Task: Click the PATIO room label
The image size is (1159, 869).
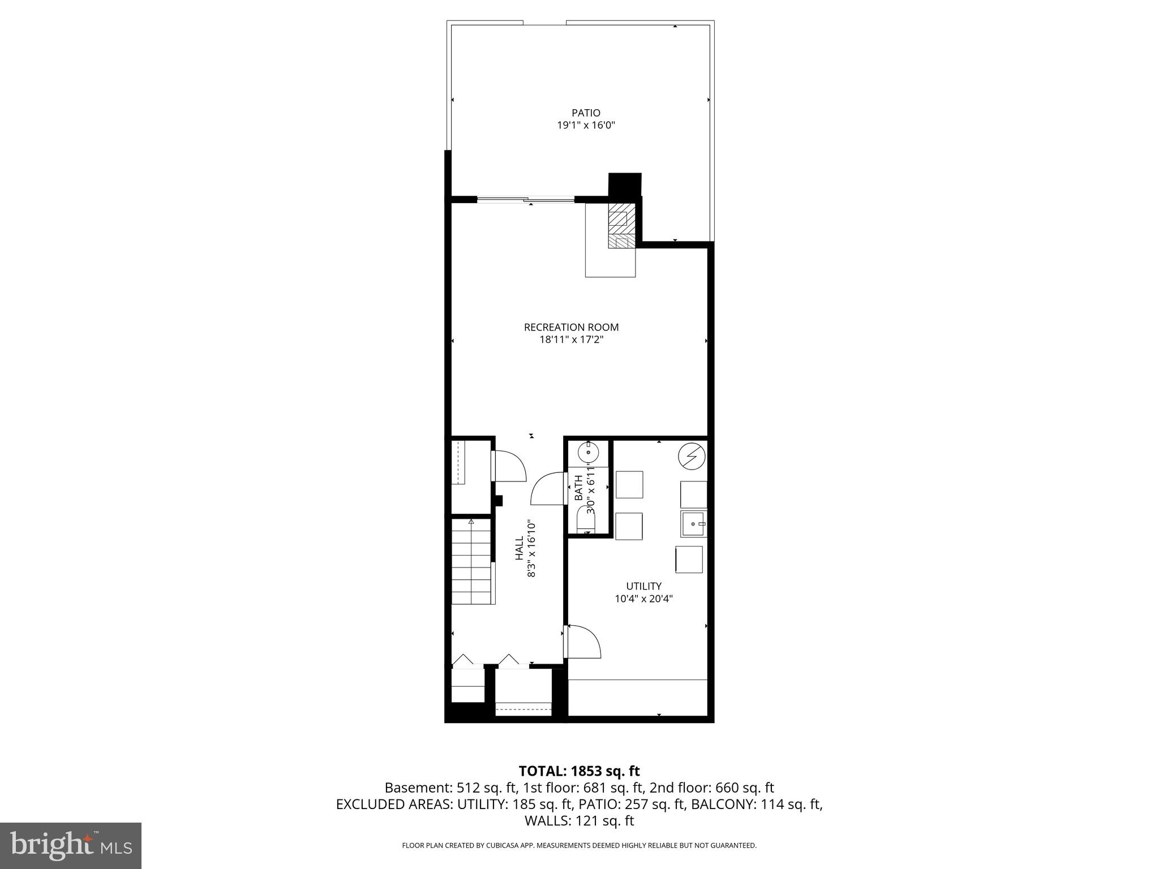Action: click(586, 113)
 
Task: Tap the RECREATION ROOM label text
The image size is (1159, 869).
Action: click(571, 327)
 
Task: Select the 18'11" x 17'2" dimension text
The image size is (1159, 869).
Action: click(571, 339)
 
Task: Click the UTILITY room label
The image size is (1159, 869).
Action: click(643, 586)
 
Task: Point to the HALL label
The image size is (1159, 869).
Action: click(520, 548)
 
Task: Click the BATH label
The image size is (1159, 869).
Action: click(578, 487)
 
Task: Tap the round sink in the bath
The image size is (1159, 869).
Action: click(589, 453)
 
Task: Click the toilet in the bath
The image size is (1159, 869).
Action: click(586, 519)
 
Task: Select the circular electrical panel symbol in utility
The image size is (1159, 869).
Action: click(692, 457)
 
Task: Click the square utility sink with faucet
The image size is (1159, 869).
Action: click(693, 524)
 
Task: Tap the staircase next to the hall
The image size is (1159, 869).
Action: click(472, 563)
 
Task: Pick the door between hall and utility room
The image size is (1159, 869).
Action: click(583, 642)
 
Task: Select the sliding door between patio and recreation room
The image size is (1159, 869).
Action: click(526, 199)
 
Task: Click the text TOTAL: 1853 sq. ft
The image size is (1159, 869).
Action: click(579, 771)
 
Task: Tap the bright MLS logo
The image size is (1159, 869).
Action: click(71, 845)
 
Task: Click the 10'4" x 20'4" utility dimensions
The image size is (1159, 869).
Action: click(643, 599)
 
